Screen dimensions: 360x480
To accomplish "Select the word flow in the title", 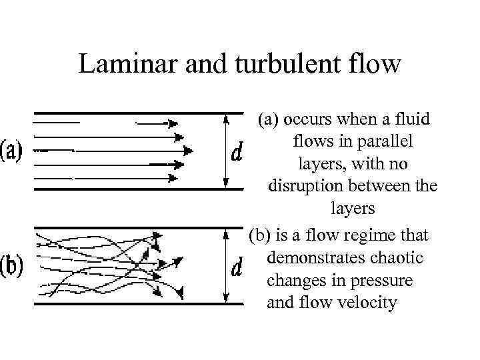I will point(377,64).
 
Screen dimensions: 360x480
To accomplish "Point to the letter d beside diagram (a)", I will point(236,153).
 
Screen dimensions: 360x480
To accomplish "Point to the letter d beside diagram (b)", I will point(236,267).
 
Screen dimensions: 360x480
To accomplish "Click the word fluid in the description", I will point(413,119).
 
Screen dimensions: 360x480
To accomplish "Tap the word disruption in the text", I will point(307,185).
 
